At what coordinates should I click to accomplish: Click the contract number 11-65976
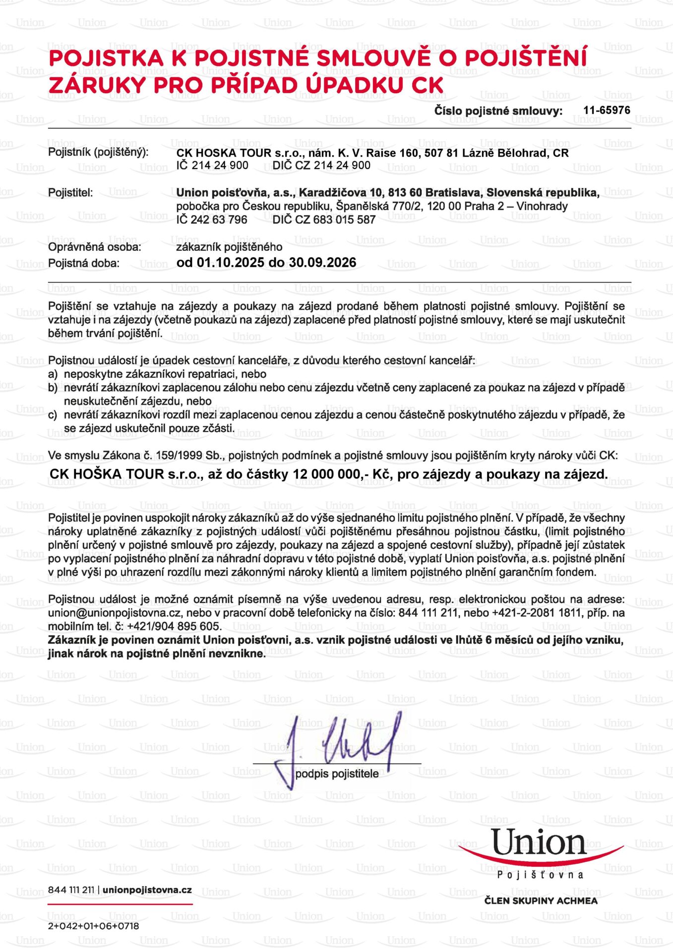coord(606,110)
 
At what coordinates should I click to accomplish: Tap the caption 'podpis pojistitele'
coord(337,774)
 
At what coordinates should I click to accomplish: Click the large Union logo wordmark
coord(539,843)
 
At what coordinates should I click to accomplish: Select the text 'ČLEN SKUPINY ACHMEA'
coord(541,900)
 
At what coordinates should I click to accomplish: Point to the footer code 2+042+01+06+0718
coord(93,926)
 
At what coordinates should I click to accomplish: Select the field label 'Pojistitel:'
coord(70,192)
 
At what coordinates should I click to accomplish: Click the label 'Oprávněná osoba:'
coord(95,247)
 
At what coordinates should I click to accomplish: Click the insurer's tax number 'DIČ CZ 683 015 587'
coord(324,220)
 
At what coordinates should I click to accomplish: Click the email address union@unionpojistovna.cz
coord(115,613)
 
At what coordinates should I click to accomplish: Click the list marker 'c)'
coord(53,415)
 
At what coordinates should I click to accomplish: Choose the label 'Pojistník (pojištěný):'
coord(98,152)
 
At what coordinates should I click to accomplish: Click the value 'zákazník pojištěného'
coord(229,247)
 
